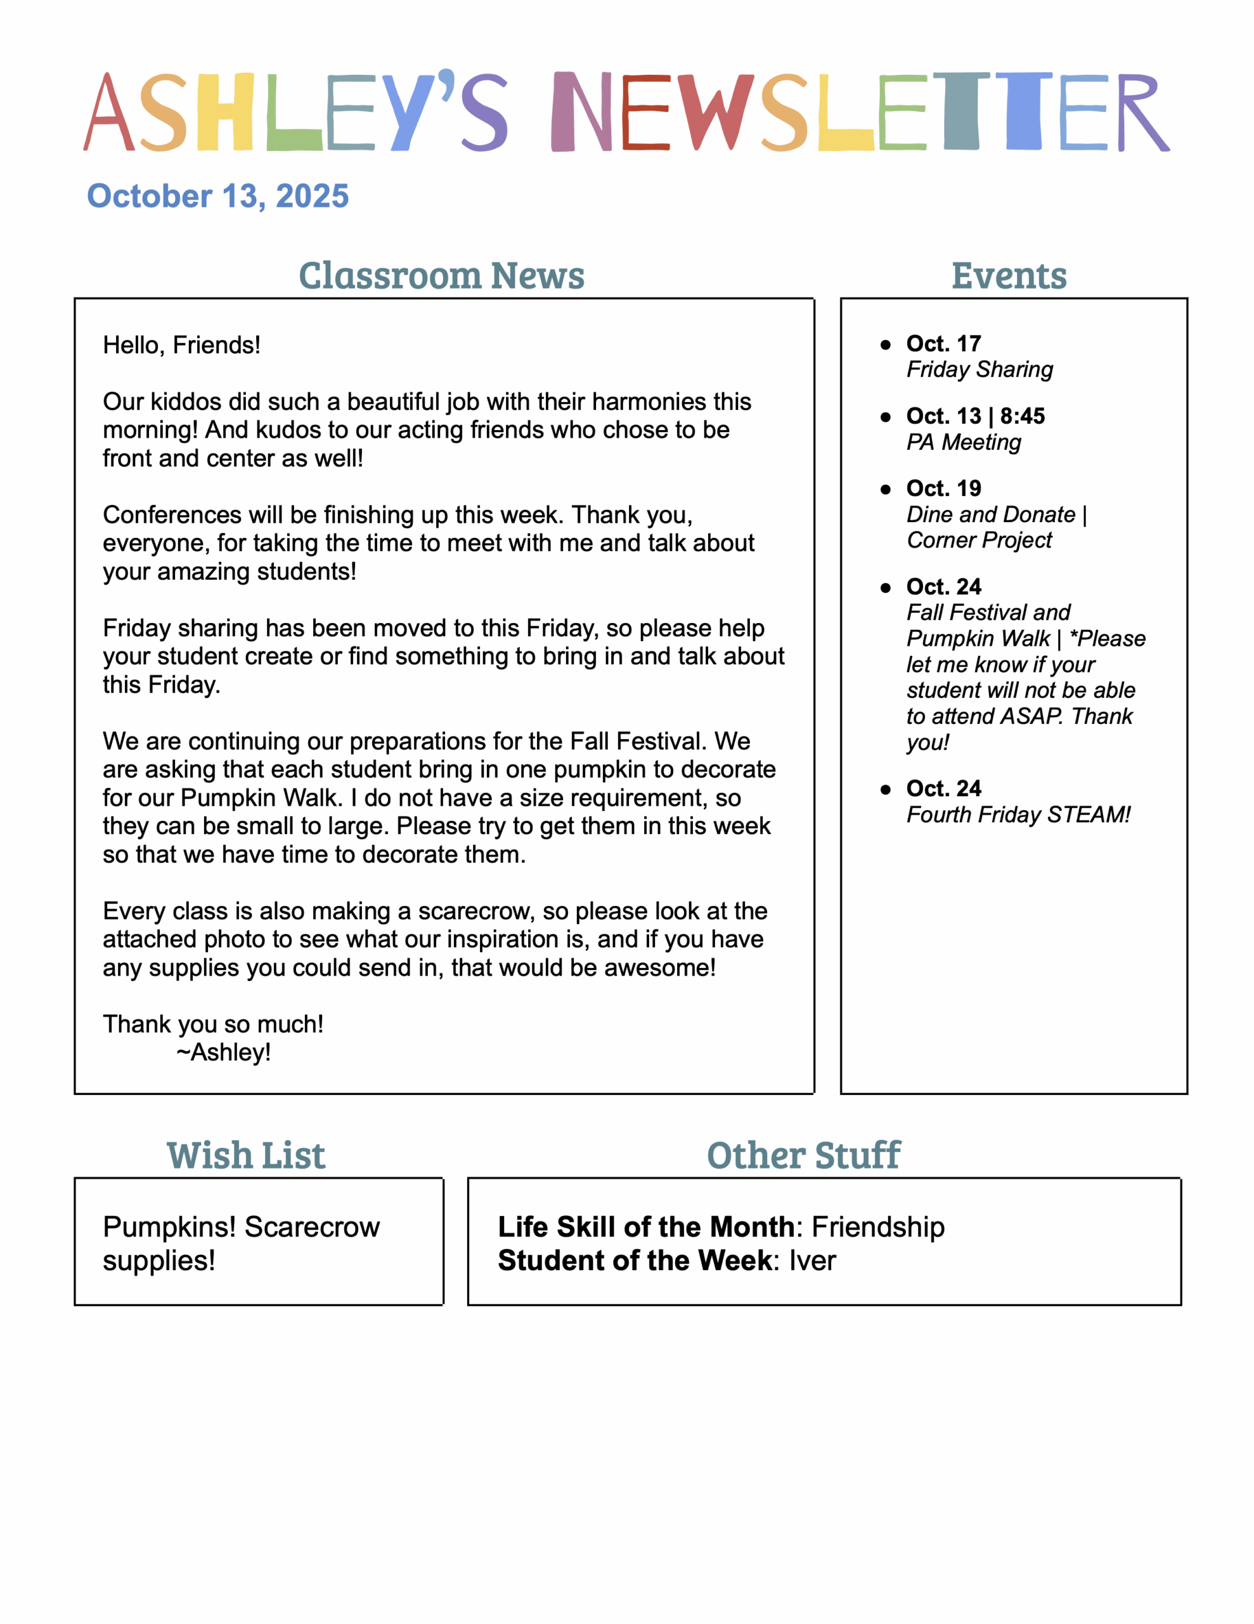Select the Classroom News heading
click(x=441, y=276)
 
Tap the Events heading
click(x=1009, y=276)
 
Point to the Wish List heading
click(x=246, y=1156)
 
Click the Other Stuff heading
click(x=803, y=1156)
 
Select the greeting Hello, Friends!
click(x=181, y=345)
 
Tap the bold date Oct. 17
click(x=943, y=344)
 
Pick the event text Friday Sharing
click(x=979, y=370)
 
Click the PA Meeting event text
click(x=964, y=442)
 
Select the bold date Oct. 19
click(x=943, y=488)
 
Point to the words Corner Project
click(x=979, y=540)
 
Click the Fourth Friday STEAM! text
click(x=1018, y=815)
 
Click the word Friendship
click(x=878, y=1227)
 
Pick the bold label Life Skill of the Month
click(x=646, y=1227)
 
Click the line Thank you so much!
click(x=212, y=1025)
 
